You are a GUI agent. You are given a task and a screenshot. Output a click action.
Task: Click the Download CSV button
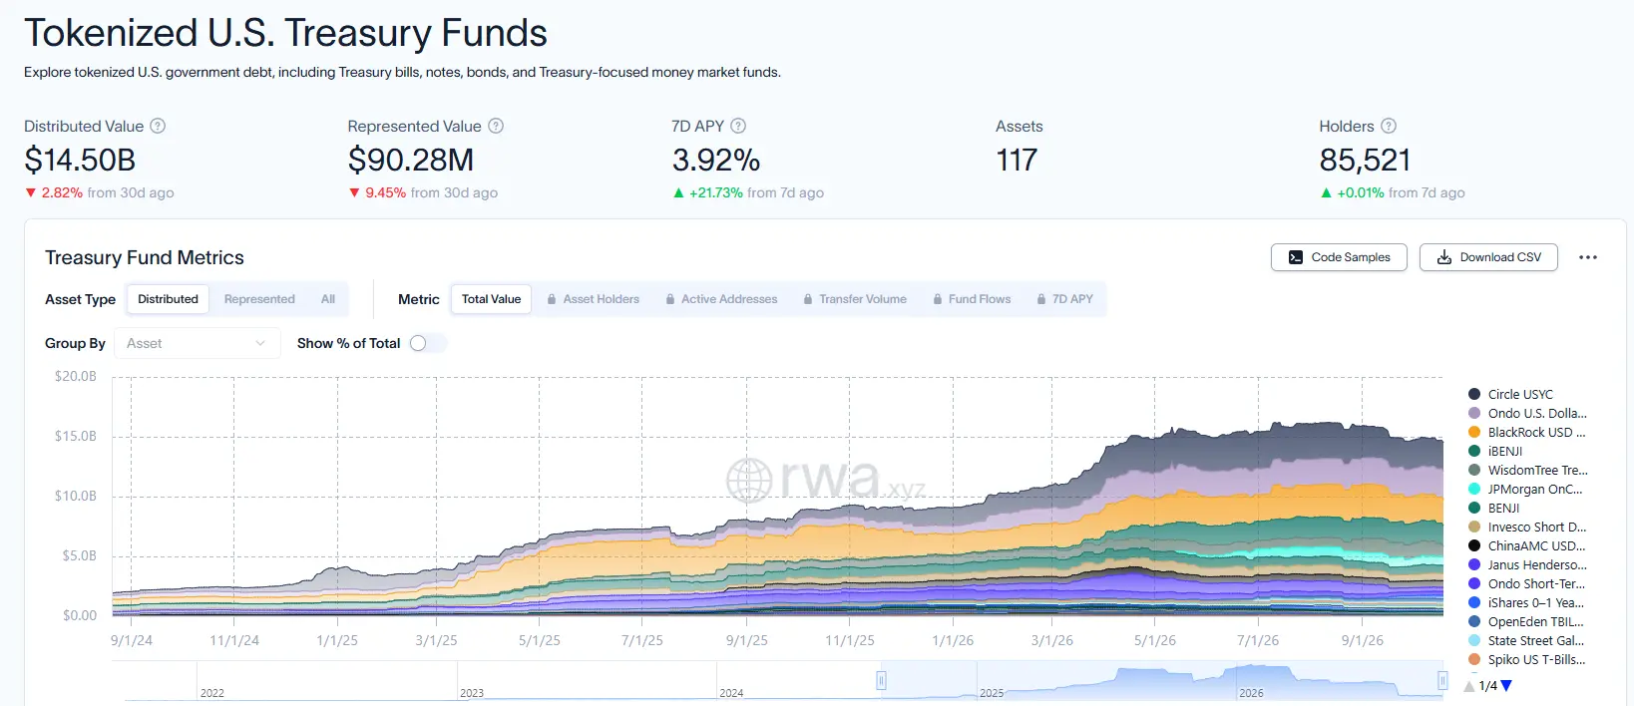click(x=1488, y=257)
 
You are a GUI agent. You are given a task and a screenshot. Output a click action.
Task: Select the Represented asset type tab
click(x=259, y=299)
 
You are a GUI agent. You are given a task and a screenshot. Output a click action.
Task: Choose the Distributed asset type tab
click(x=168, y=299)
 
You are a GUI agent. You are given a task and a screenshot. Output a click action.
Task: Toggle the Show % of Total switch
click(x=428, y=343)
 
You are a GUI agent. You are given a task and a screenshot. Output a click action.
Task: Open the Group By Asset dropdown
click(x=197, y=343)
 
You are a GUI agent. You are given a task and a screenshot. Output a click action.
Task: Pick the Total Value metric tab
click(x=491, y=299)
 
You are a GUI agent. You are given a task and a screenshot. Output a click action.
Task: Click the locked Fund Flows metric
click(x=972, y=299)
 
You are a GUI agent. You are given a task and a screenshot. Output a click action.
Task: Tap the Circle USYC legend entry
click(x=1510, y=395)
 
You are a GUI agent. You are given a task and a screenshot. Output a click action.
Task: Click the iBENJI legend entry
click(x=1495, y=452)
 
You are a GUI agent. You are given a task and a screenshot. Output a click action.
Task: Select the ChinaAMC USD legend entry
click(x=1527, y=546)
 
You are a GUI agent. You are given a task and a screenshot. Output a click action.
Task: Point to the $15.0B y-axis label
click(x=76, y=436)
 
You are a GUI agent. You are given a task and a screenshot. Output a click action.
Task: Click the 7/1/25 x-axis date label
click(x=642, y=640)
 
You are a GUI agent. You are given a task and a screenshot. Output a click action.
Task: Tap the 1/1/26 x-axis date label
click(x=953, y=640)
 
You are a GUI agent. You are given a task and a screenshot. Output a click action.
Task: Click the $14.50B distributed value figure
click(x=80, y=161)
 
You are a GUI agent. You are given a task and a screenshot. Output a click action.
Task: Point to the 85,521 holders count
click(x=1365, y=161)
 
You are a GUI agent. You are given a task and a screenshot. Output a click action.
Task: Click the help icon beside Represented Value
click(x=496, y=127)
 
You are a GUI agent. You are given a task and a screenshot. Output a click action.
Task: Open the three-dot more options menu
click(x=1588, y=257)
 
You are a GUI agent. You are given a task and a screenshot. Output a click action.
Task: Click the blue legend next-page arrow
click(x=1507, y=686)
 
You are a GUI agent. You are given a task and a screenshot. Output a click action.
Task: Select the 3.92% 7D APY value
click(x=716, y=161)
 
